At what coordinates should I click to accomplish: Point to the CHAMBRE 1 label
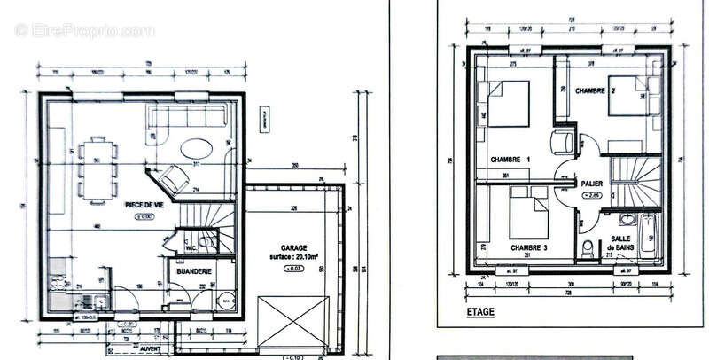pyautogui.click(x=510, y=159)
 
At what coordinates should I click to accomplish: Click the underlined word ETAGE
pyautogui.click(x=479, y=312)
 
